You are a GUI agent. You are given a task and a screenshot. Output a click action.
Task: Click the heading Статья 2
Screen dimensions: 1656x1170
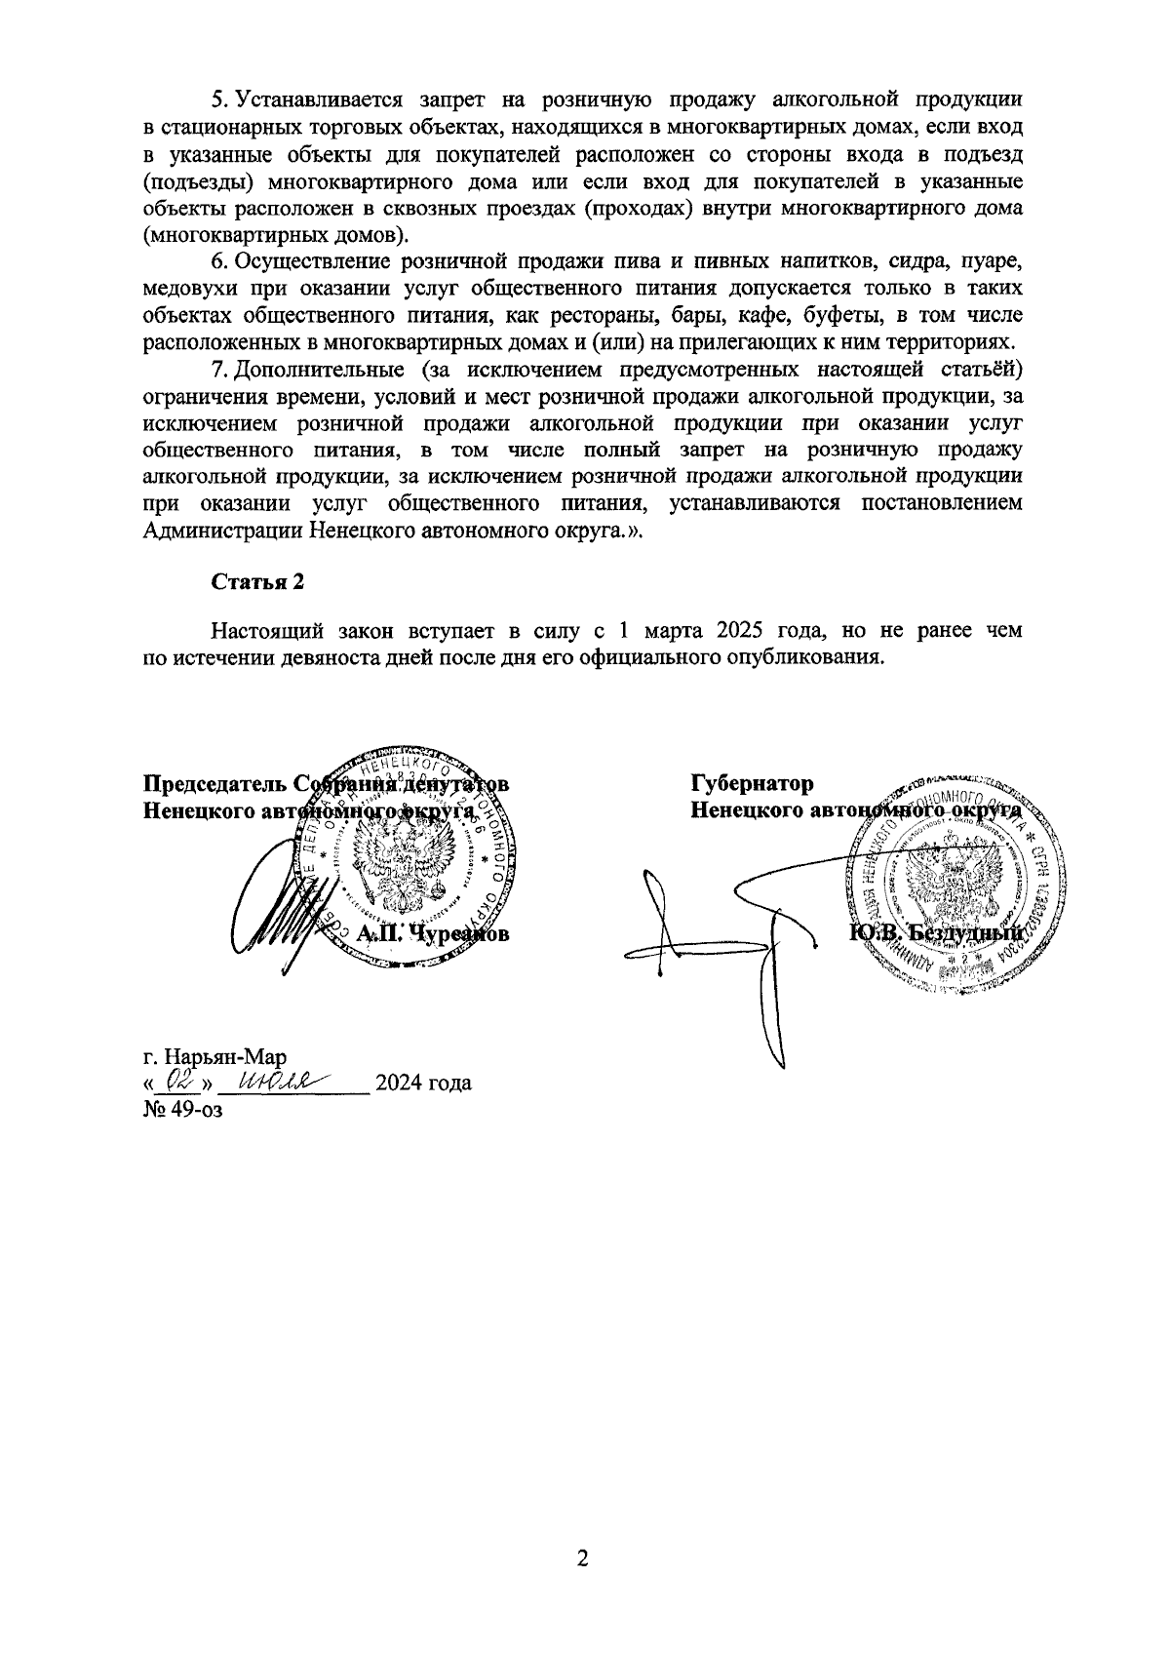(x=258, y=581)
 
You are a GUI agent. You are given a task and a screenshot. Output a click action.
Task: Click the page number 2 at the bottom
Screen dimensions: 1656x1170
(x=584, y=1559)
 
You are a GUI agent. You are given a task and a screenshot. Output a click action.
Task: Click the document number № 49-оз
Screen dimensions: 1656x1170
(x=182, y=1109)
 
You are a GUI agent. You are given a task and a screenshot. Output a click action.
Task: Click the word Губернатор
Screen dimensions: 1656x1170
(x=752, y=783)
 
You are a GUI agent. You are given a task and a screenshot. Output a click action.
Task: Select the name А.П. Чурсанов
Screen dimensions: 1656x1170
(x=433, y=934)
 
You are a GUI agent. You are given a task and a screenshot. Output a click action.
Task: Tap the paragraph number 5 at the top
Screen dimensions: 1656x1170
(x=218, y=99)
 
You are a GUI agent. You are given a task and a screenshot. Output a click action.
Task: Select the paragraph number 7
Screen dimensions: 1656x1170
(x=218, y=370)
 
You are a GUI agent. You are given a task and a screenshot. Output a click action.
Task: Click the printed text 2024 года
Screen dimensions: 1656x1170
(x=423, y=1083)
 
